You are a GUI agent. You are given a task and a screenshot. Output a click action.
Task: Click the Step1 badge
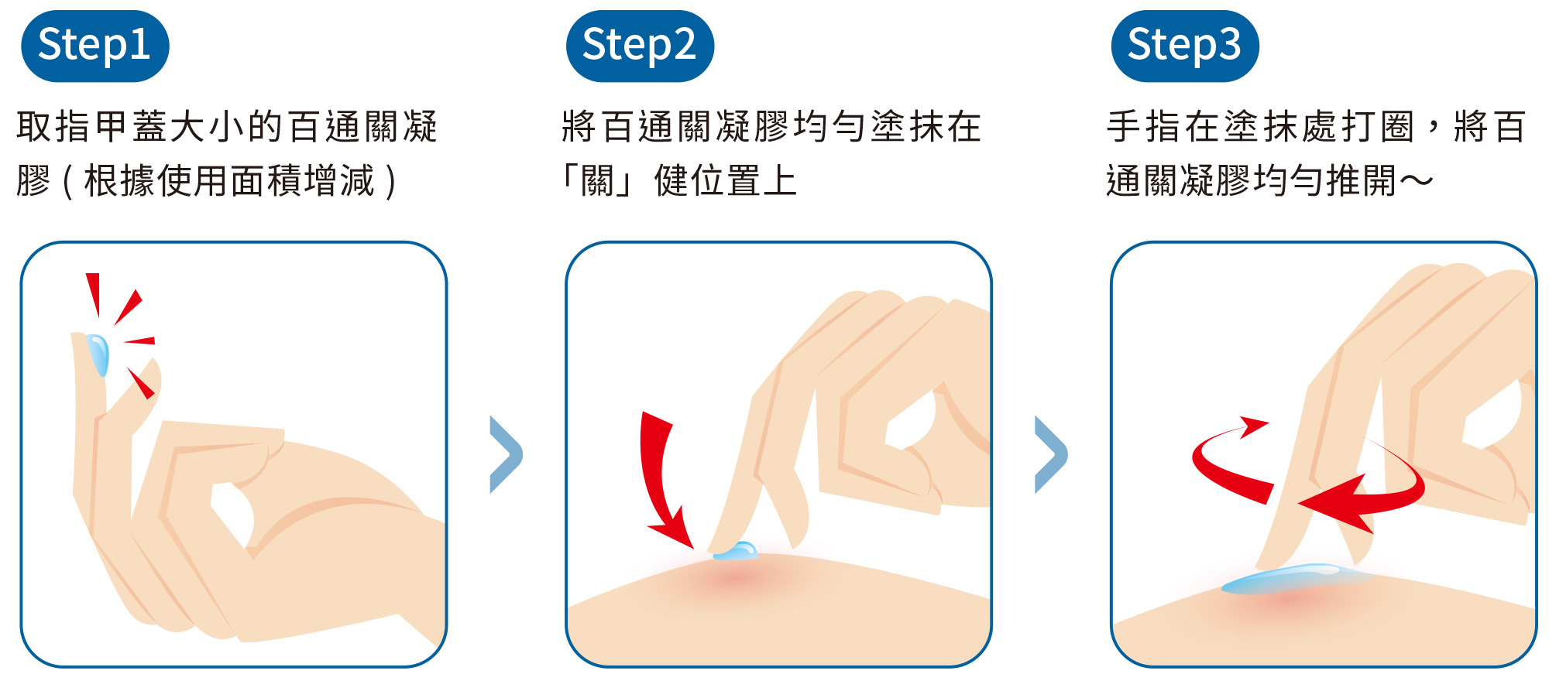click(94, 46)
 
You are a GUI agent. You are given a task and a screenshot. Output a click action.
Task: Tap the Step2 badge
click(639, 46)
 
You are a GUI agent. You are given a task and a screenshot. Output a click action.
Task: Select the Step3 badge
click(1184, 46)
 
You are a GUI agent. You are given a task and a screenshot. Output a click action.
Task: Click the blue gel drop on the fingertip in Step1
click(98, 354)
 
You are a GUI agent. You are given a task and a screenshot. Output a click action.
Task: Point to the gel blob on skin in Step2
click(736, 551)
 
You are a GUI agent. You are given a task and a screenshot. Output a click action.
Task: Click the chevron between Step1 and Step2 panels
click(506, 455)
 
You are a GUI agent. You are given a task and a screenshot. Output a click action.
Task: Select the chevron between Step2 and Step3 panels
click(1051, 455)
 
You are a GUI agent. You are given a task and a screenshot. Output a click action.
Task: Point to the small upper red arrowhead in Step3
click(1253, 426)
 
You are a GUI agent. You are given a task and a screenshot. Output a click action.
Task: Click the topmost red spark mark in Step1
click(94, 293)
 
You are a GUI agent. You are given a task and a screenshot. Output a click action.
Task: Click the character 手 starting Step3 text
click(1125, 127)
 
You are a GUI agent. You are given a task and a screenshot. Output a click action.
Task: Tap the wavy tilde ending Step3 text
click(1416, 181)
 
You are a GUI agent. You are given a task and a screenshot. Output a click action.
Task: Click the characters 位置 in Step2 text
click(725, 181)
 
